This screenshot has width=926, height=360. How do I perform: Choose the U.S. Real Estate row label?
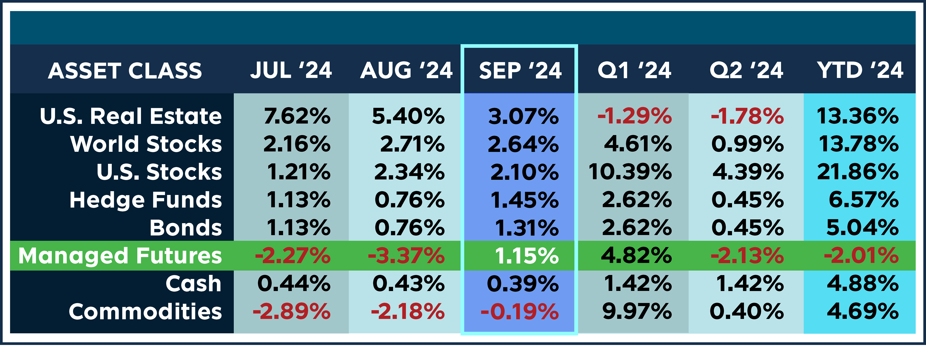[131, 116]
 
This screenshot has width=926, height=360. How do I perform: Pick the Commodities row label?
[145, 311]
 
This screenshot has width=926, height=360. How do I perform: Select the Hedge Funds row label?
[146, 200]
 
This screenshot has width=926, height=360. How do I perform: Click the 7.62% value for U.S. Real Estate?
[297, 116]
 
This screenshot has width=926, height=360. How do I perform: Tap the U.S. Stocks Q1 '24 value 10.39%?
[630, 172]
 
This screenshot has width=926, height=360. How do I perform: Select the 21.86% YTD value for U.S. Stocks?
[858, 172]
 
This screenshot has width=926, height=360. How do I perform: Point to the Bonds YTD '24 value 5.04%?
[862, 228]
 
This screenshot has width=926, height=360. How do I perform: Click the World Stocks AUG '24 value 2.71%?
[412, 144]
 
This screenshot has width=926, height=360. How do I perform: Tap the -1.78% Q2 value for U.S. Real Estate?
[747, 116]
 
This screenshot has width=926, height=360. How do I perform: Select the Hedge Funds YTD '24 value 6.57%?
[863, 200]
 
